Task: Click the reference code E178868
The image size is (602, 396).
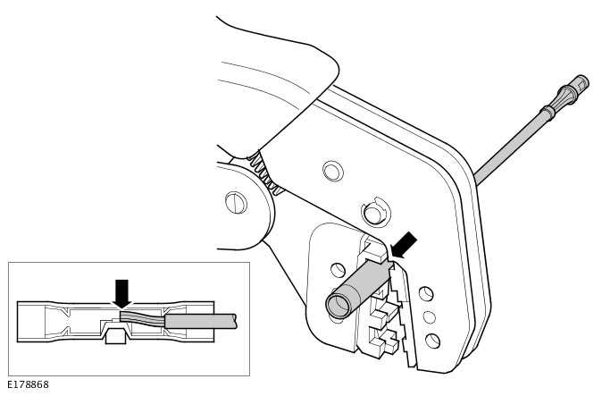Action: (x=28, y=385)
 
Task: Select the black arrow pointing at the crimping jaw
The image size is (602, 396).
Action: (x=404, y=244)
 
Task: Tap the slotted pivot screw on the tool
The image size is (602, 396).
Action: (x=236, y=203)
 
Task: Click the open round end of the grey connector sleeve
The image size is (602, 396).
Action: (x=339, y=306)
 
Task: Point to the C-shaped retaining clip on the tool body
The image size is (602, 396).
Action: (x=375, y=214)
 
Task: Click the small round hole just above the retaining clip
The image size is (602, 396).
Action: (x=332, y=171)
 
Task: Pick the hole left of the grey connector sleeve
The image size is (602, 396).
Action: (x=338, y=270)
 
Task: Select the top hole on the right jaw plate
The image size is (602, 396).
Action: (x=426, y=294)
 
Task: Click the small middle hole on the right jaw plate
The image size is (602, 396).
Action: (x=430, y=317)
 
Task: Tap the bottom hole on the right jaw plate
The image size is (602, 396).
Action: (x=432, y=341)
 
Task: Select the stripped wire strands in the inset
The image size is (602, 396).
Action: (x=142, y=317)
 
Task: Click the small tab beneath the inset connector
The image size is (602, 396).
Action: (x=115, y=336)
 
